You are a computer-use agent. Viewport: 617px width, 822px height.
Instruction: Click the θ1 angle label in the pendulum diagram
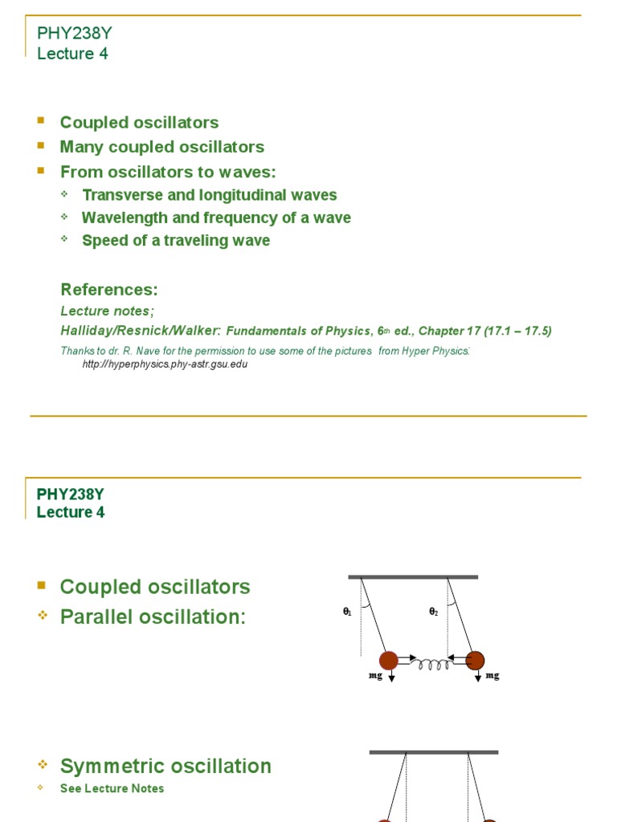(x=347, y=612)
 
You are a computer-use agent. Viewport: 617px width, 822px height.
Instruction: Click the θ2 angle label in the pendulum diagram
(x=433, y=612)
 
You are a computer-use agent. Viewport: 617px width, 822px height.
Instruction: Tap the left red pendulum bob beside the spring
(x=389, y=661)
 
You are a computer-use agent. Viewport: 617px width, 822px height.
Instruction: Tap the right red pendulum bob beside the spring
(x=475, y=661)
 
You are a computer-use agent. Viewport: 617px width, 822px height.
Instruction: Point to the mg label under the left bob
(x=376, y=676)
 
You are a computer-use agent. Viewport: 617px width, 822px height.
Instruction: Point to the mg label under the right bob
(x=492, y=676)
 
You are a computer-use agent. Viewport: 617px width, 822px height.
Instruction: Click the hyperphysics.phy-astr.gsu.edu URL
(x=165, y=364)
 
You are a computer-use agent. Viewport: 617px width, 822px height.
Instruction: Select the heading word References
(x=109, y=290)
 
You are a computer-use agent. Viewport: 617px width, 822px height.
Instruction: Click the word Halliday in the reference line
(x=88, y=331)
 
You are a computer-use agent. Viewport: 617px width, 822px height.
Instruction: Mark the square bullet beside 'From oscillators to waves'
(x=41, y=171)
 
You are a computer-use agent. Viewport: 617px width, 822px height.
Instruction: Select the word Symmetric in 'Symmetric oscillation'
(x=115, y=766)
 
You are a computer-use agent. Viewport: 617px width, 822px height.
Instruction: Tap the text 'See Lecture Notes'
(x=112, y=788)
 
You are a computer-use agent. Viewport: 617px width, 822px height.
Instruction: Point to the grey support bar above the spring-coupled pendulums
(x=413, y=576)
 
